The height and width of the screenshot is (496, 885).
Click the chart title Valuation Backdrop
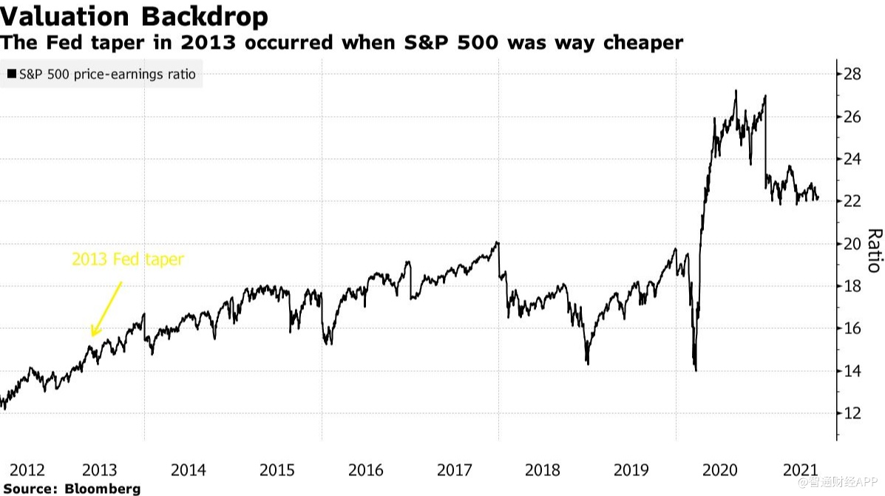click(x=134, y=16)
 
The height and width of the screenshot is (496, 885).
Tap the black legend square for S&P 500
click(x=12, y=75)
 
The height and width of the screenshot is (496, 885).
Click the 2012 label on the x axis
click(x=28, y=470)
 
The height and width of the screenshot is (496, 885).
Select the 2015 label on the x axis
click(x=277, y=470)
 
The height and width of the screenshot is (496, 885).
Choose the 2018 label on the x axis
click(x=543, y=470)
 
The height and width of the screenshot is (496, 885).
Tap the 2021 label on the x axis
click(x=800, y=470)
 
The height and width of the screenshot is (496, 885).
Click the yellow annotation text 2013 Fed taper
click(x=127, y=260)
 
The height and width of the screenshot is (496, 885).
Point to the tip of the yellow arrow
click(x=91, y=336)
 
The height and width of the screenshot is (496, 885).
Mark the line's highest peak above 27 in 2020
click(x=736, y=91)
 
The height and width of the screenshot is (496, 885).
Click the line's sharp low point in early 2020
click(x=696, y=370)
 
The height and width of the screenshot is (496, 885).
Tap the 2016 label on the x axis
click(x=365, y=470)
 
